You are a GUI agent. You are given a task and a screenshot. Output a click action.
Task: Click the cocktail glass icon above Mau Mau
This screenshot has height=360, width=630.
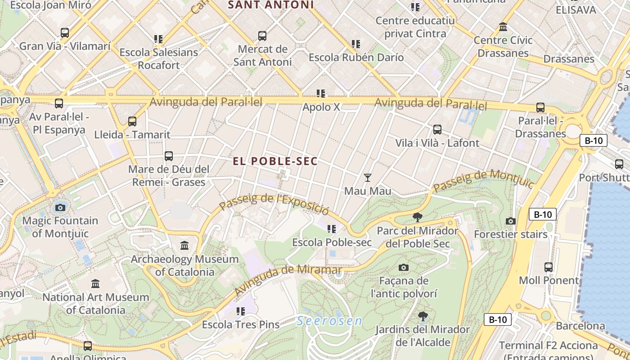coord(368,178)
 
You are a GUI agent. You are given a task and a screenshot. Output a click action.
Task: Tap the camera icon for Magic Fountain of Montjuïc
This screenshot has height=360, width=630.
coord(60,207)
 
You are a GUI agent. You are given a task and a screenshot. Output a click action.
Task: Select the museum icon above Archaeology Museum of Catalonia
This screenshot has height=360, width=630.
coord(184,246)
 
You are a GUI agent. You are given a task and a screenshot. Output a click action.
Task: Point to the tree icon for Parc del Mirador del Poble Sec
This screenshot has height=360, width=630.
coord(418,218)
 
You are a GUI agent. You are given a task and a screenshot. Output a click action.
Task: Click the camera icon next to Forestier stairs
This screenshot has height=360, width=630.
coord(510,221)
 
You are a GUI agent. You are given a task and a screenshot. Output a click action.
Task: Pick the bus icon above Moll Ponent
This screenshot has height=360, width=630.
coord(549,267)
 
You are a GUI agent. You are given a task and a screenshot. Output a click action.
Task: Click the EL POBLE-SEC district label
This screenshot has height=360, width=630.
coord(275,161)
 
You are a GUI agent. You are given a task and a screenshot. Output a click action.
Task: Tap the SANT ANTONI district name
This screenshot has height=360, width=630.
coord(270,5)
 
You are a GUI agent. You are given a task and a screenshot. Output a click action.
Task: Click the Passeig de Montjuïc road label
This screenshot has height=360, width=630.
coord(483,180)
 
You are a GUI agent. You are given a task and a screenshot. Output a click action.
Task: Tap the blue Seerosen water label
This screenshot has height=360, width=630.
coord(329,321)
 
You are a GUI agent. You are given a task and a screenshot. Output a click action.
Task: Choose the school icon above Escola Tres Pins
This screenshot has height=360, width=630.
coord(241,311)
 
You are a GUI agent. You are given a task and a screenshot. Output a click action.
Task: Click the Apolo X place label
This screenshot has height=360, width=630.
coord(321,107)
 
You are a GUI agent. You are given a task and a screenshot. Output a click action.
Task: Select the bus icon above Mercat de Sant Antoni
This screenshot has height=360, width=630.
coord(262,36)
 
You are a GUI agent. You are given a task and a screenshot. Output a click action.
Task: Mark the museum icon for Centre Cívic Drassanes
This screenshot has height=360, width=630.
coord(503,27)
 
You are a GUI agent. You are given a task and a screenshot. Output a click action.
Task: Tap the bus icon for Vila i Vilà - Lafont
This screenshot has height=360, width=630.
coord(437,130)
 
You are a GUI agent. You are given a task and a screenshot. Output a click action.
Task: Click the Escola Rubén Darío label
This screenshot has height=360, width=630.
coord(356,58)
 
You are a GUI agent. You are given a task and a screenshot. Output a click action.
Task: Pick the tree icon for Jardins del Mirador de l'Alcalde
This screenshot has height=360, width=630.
coord(423,316)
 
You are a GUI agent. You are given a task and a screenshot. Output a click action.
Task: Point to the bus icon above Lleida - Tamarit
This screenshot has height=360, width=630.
coord(132,121)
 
